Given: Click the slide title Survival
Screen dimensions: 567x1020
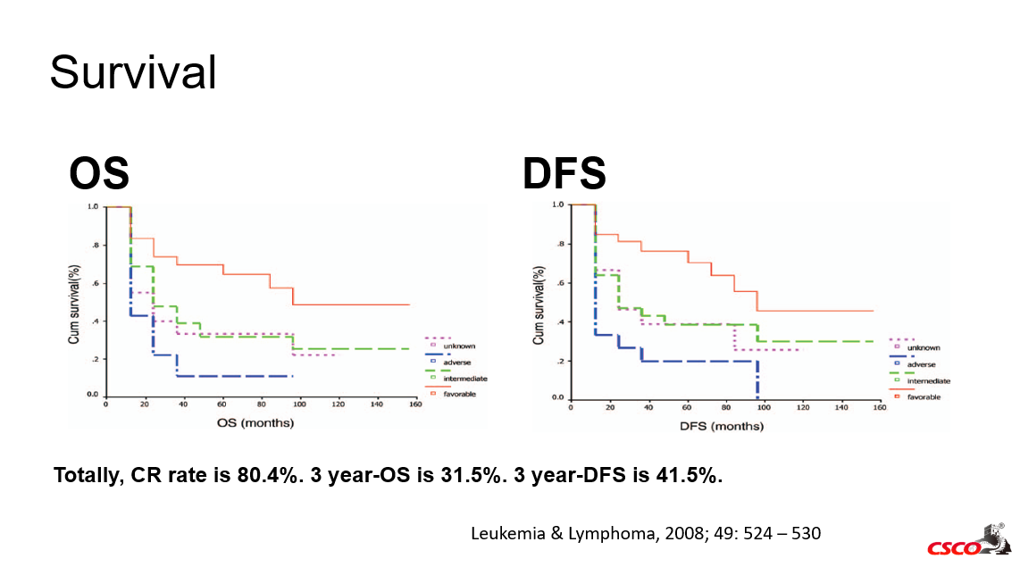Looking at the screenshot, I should click(x=133, y=72).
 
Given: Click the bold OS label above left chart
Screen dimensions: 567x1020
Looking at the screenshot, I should click(x=99, y=174).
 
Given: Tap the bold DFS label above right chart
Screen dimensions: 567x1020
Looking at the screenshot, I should click(x=564, y=174).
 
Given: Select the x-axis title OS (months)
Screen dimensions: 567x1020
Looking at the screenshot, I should click(x=255, y=422).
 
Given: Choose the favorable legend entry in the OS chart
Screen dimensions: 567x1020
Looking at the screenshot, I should click(x=459, y=394).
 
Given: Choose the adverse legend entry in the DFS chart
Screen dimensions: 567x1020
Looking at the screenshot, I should click(x=921, y=365).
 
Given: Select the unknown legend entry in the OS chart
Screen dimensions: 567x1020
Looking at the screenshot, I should click(x=459, y=346).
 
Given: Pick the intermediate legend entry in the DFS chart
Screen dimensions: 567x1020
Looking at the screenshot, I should click(x=928, y=381).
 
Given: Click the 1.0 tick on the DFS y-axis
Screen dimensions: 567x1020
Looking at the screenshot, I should click(x=558, y=204).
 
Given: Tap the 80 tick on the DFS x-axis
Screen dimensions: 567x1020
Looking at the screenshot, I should click(x=725, y=407).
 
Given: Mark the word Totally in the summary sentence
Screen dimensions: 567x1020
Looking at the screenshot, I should click(x=89, y=475).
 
